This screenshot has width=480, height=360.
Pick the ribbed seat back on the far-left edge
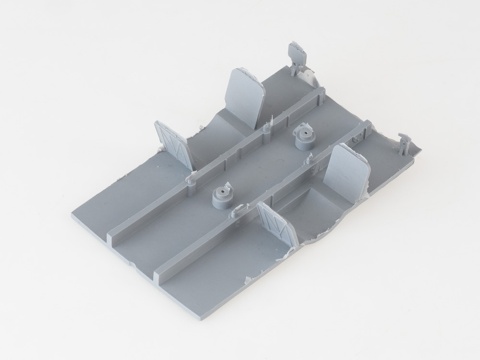pyautogui.click(x=173, y=144)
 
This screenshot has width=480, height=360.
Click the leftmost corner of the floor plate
pyautogui.click(x=73, y=215)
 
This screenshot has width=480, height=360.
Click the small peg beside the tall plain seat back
pyautogui.click(x=267, y=127)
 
